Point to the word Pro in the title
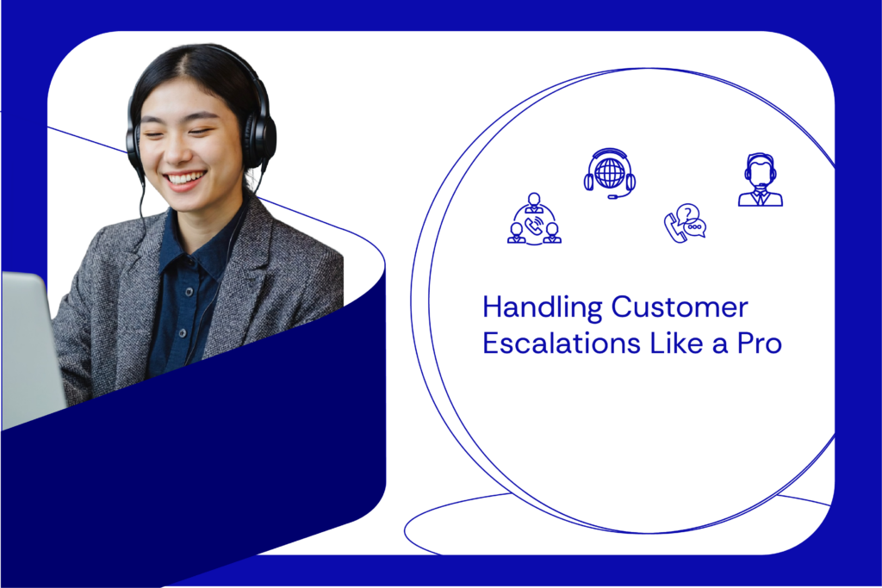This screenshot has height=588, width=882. [758, 343]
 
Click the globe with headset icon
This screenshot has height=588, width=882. [610, 172]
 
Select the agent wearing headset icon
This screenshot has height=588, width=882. [760, 180]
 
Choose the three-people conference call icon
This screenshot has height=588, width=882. [534, 220]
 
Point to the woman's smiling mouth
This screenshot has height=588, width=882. [185, 179]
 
